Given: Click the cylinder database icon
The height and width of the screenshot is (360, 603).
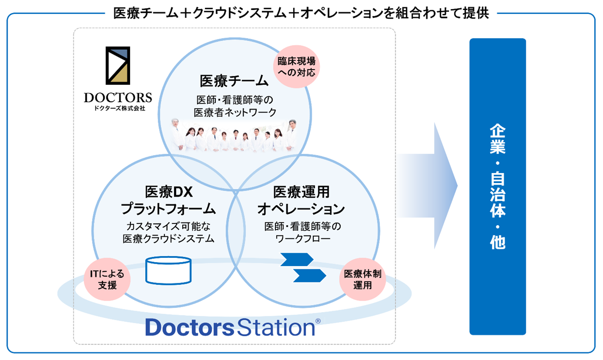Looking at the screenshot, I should tap(168, 271).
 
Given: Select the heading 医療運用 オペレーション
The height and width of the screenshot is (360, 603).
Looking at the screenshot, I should tap(301, 200).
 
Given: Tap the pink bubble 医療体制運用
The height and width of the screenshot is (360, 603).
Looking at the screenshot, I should tap(363, 279).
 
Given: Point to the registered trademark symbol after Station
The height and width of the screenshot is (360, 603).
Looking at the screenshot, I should tap(318, 321).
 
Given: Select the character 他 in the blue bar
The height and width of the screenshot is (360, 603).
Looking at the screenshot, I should tap(497, 242).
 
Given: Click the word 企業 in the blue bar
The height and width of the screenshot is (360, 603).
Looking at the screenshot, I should tap(497, 139).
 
